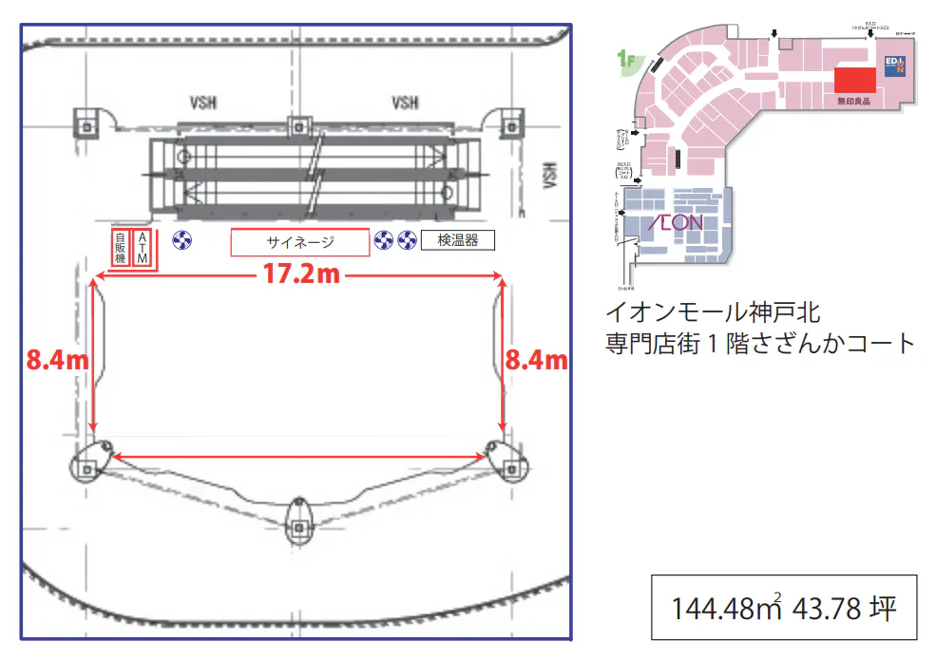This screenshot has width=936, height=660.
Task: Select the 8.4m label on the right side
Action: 537,360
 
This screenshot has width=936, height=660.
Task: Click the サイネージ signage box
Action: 299,242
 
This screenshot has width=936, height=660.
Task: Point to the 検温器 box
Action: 458,240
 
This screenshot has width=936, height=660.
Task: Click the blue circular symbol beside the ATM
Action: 181,240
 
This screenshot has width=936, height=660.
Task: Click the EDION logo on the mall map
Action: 896,66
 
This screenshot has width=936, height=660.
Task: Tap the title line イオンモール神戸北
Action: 713,311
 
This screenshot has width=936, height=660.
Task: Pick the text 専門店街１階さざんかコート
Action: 760,343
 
